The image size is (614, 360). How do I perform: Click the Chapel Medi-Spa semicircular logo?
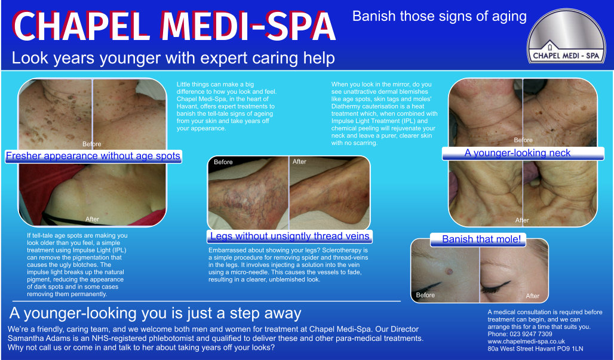[x=566, y=36]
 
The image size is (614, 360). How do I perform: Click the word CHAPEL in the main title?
[x=83, y=26]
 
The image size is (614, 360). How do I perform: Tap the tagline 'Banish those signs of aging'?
[x=440, y=17]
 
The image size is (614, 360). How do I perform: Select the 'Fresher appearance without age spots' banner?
[x=93, y=156]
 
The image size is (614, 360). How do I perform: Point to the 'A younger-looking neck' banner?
[x=517, y=153]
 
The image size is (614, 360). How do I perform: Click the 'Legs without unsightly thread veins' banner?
[x=290, y=236]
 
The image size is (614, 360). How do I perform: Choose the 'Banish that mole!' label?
[x=481, y=239]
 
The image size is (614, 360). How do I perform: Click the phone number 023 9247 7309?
[x=531, y=334]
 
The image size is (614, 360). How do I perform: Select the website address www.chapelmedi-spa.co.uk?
[x=526, y=341]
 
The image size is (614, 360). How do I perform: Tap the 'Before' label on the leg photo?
[x=223, y=162]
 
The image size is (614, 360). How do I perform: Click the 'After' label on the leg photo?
[x=300, y=162]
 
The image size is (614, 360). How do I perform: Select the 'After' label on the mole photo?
[x=533, y=296]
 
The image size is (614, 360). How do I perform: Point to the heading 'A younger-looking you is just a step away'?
[x=155, y=313]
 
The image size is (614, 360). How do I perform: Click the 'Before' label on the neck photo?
[x=523, y=140]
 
